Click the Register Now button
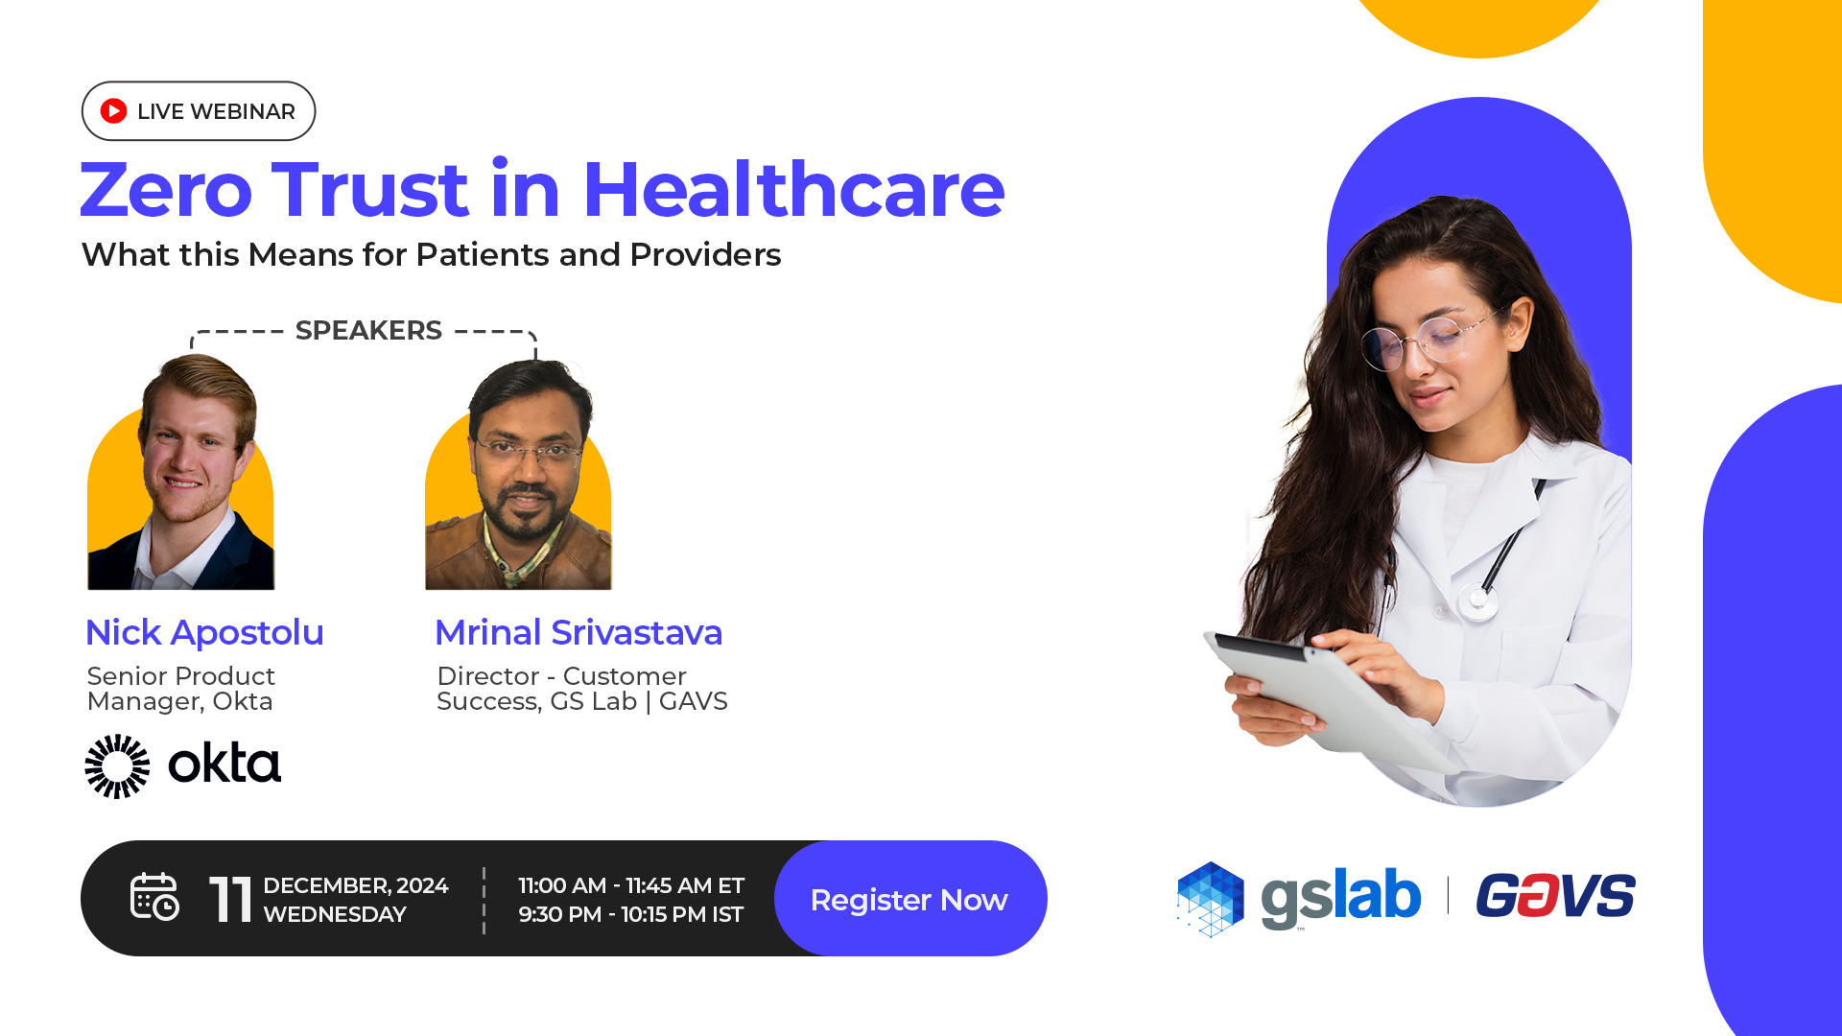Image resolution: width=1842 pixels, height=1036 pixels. point(909,899)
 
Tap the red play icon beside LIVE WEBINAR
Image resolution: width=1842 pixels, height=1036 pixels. point(113,111)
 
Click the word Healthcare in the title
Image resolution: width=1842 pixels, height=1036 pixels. point(793,189)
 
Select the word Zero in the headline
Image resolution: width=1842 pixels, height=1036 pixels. point(166,190)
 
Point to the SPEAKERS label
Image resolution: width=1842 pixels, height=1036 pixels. point(368,330)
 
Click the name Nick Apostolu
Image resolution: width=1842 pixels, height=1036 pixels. point(204,632)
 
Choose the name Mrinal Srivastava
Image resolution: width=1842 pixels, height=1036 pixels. point(579,632)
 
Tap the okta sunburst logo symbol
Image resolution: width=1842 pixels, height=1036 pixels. point(117,765)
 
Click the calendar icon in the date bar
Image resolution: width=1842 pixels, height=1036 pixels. point(154,897)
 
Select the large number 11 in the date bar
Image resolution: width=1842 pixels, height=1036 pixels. point(230,900)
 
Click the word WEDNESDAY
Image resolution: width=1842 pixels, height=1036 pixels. point(335,914)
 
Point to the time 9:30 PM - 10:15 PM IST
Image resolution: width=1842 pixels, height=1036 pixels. point(630,914)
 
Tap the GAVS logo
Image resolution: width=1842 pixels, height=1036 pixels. point(1555,895)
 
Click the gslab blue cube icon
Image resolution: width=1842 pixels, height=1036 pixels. point(1211,899)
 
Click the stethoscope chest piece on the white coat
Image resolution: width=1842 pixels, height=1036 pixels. point(1477,600)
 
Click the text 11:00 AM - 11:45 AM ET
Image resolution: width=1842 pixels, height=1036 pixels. point(631,885)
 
